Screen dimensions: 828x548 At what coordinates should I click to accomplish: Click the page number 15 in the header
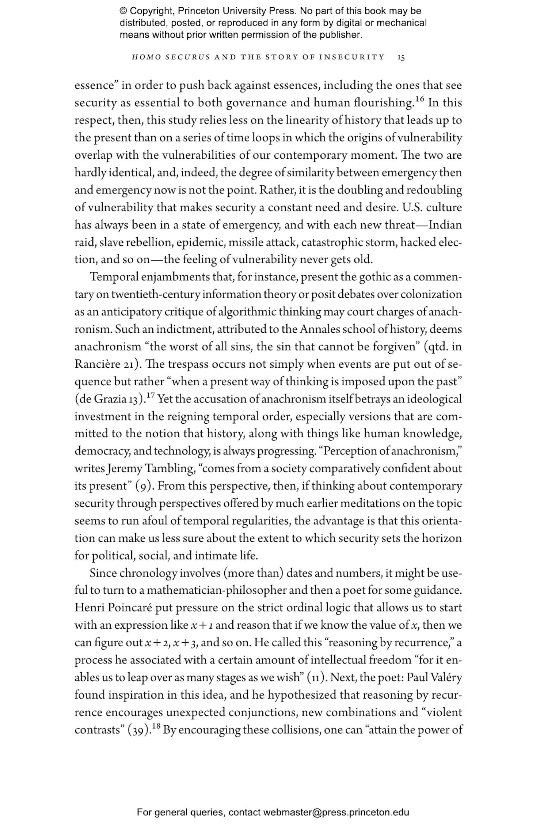tap(401, 57)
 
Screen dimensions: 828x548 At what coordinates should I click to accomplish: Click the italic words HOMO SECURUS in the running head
tap(171, 57)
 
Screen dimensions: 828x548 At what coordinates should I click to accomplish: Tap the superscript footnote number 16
tap(419, 99)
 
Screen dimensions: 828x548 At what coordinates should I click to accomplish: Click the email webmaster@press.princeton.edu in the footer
tap(336, 813)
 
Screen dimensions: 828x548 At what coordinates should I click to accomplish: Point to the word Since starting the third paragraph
tap(103, 573)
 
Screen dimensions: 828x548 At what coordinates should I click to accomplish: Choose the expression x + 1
tap(203, 625)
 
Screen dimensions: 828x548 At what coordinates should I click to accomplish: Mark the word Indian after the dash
tap(445, 224)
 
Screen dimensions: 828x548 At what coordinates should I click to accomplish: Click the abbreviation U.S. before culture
tap(412, 207)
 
